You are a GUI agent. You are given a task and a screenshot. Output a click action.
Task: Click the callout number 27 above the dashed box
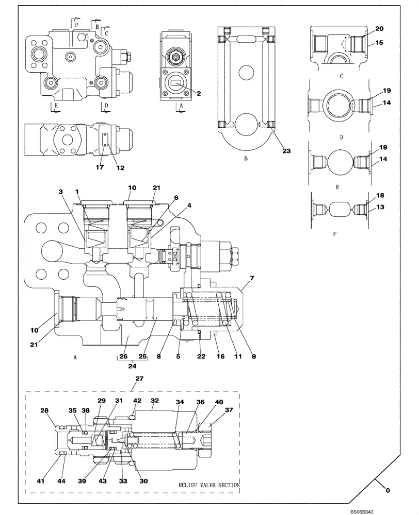point(139,378)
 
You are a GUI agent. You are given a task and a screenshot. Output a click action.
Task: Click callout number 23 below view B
point(286,151)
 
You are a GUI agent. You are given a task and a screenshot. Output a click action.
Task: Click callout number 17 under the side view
point(99,167)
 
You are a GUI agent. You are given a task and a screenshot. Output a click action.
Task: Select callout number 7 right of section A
point(252,279)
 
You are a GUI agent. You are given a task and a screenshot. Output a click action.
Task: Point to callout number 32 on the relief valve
point(154,400)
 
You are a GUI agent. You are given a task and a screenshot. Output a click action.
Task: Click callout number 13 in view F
point(379,207)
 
